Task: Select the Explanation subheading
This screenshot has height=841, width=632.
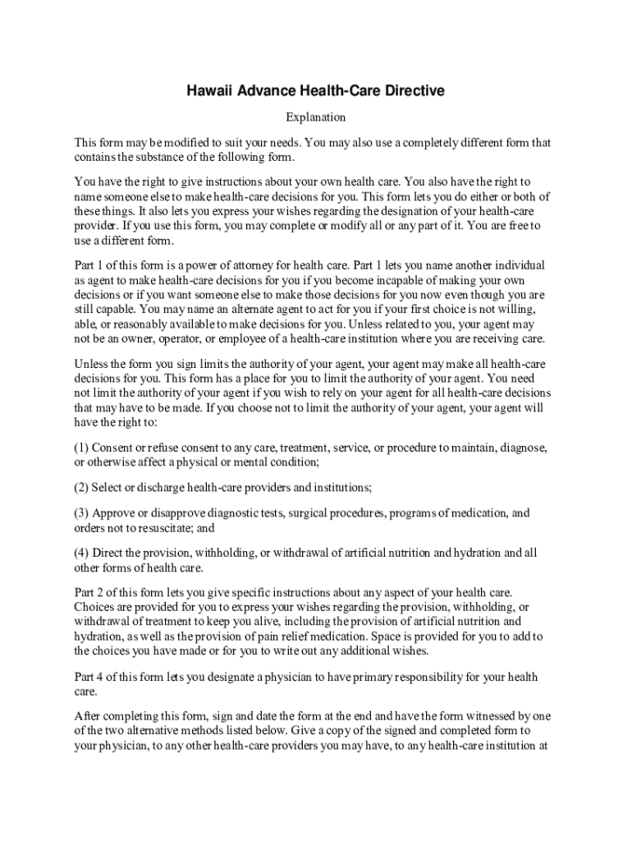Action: [x=315, y=117]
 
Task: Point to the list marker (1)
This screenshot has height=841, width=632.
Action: [x=81, y=448]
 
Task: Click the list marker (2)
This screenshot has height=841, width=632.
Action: [x=81, y=488]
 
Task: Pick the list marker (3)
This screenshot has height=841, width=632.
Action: [x=81, y=513]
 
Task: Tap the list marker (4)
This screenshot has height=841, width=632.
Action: [x=81, y=554]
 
